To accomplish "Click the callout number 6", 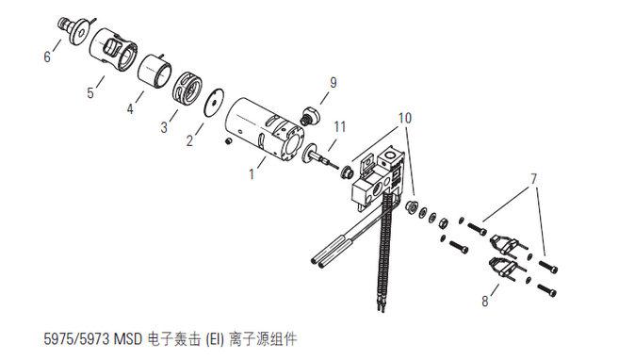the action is click(47, 57).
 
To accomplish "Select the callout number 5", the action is click(90, 92).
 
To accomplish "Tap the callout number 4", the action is click(130, 108).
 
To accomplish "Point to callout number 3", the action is click(164, 127).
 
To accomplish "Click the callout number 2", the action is click(189, 140).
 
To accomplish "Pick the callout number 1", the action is click(252, 173).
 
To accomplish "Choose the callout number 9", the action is click(333, 83).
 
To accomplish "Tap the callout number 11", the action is click(340, 126).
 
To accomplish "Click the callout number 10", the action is click(405, 118).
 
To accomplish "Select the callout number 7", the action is click(534, 178).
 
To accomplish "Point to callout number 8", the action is click(485, 301).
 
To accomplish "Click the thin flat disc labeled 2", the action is click(214, 103).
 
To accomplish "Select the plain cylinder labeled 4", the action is click(155, 71).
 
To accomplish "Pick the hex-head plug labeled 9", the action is click(311, 115).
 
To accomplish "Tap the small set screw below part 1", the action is click(229, 141).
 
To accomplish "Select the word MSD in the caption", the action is click(127, 338).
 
